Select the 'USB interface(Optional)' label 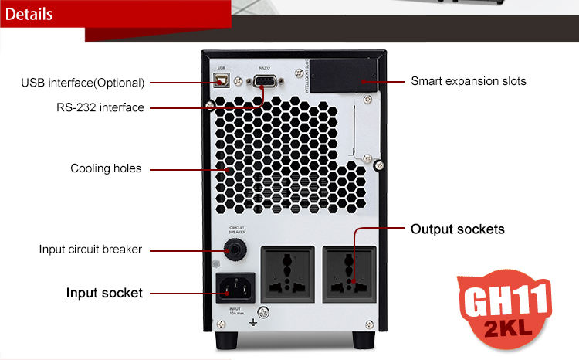pos(83,83)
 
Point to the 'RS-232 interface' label pos(100,107)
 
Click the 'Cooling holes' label pos(106,168)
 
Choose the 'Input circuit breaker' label pos(90,249)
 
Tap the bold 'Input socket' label pos(104,293)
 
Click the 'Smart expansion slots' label pos(469,80)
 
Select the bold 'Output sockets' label pos(458,229)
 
